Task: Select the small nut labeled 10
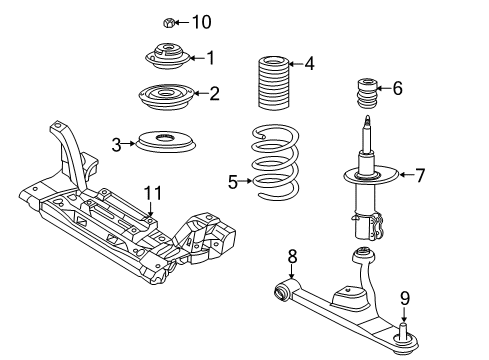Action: pos(168,21)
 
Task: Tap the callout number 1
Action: pos(210,57)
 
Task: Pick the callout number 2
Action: pos(214,94)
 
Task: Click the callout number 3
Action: pos(117,144)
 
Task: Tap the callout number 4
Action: pos(309,65)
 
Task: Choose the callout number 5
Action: pos(233,181)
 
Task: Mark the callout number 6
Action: pos(397,88)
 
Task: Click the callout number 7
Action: pos(420,176)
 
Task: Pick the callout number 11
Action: pos(151,192)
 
